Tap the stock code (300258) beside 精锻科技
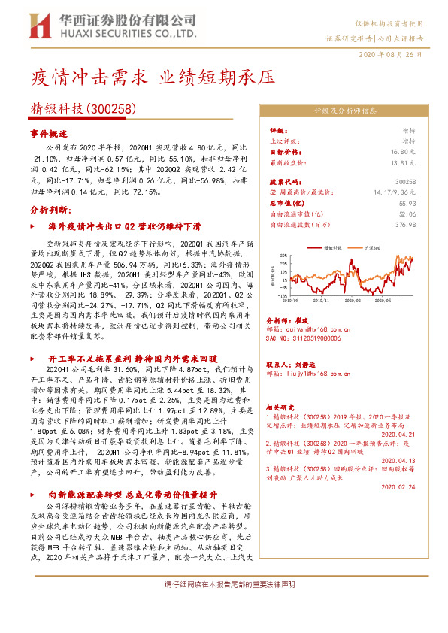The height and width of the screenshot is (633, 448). coord(111,108)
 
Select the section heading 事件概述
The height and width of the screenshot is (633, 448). coord(49,132)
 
